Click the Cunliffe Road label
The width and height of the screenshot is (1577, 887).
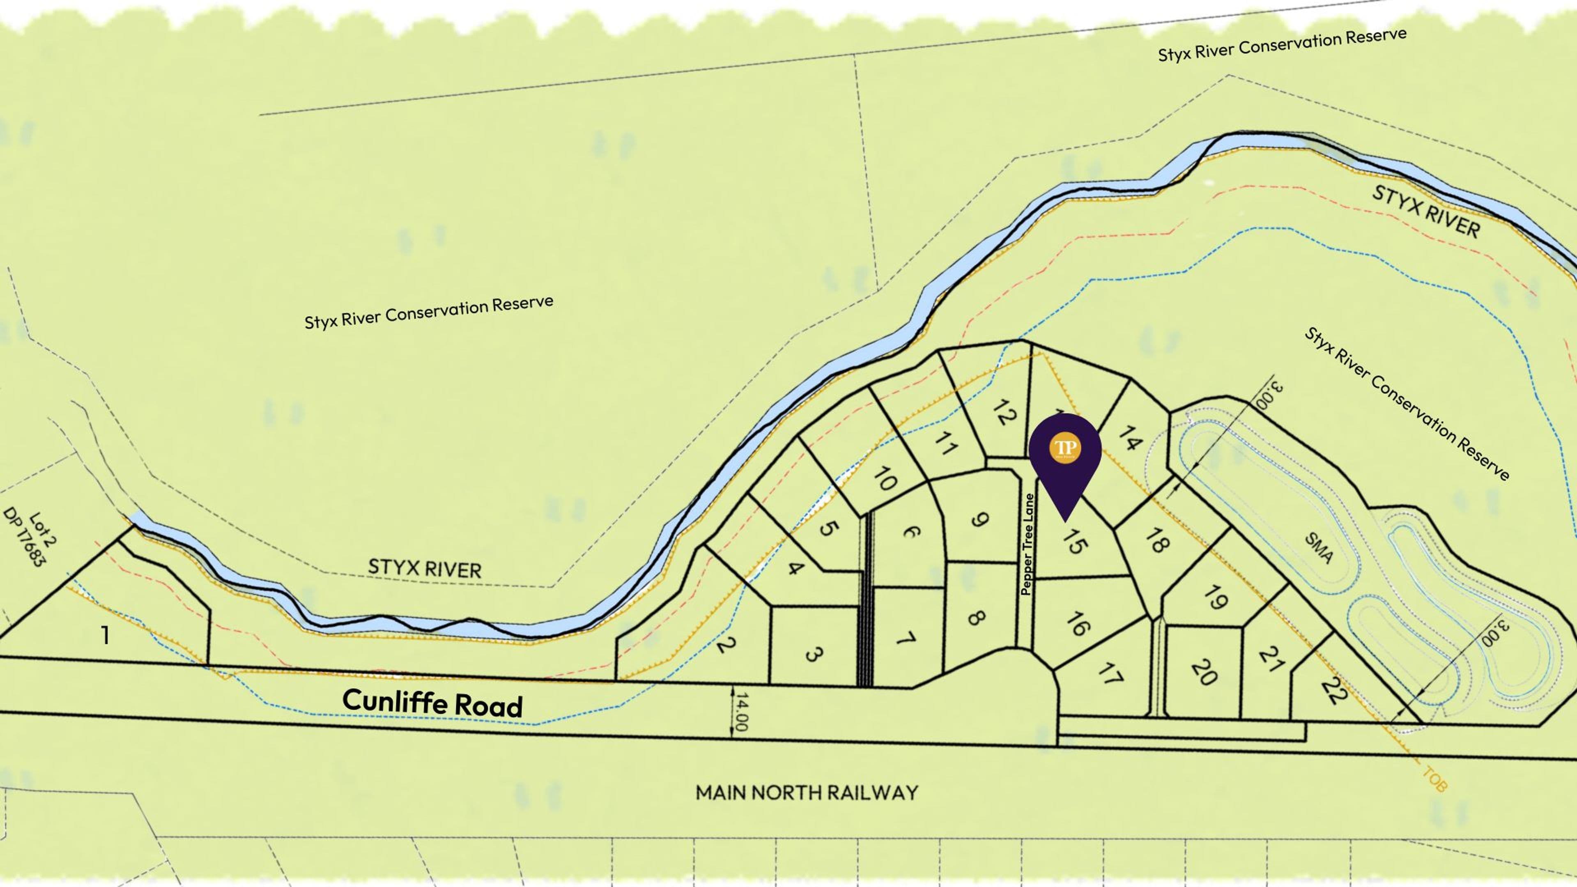coord(432,702)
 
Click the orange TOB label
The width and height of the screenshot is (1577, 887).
coord(1434,779)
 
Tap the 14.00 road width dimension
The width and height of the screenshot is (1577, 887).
coord(740,711)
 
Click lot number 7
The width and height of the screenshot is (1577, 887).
coord(906,639)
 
